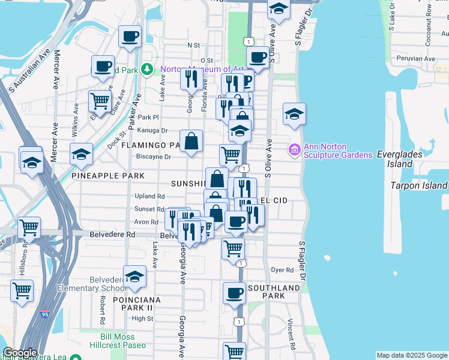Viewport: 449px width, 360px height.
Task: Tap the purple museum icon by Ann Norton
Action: pos(294,149)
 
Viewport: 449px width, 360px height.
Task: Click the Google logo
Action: pos(20,353)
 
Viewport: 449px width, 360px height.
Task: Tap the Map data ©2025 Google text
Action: pos(411,355)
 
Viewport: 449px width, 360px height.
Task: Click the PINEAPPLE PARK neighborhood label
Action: pos(107,176)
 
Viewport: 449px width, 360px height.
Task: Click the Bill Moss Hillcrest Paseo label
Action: pos(122,341)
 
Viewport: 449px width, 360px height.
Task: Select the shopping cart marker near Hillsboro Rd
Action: pos(29,228)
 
